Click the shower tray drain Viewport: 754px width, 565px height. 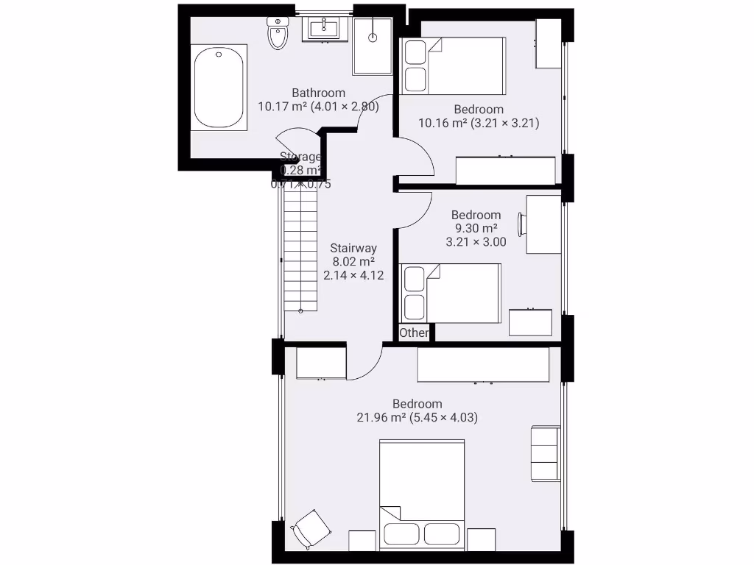click(x=373, y=35)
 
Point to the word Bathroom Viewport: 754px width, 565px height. click(x=318, y=93)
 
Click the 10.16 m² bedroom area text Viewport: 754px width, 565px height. click(x=443, y=123)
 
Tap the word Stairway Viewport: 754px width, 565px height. click(x=353, y=248)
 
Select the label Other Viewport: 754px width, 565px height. click(x=414, y=333)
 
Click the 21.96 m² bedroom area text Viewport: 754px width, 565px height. click(x=381, y=417)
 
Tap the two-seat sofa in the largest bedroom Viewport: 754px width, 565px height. click(x=545, y=453)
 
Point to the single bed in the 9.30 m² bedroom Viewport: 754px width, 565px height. click(x=450, y=292)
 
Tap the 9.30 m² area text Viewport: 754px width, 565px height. click(x=476, y=228)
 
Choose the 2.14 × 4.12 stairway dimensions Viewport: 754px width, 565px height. click(x=353, y=275)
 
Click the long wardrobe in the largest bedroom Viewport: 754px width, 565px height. click(x=483, y=364)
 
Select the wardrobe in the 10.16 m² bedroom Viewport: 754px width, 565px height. click(x=506, y=170)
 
